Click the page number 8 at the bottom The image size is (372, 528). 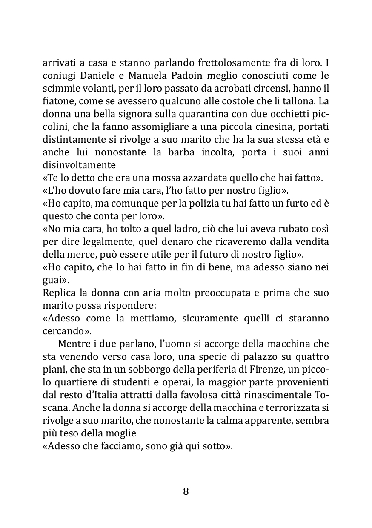tap(186, 491)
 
